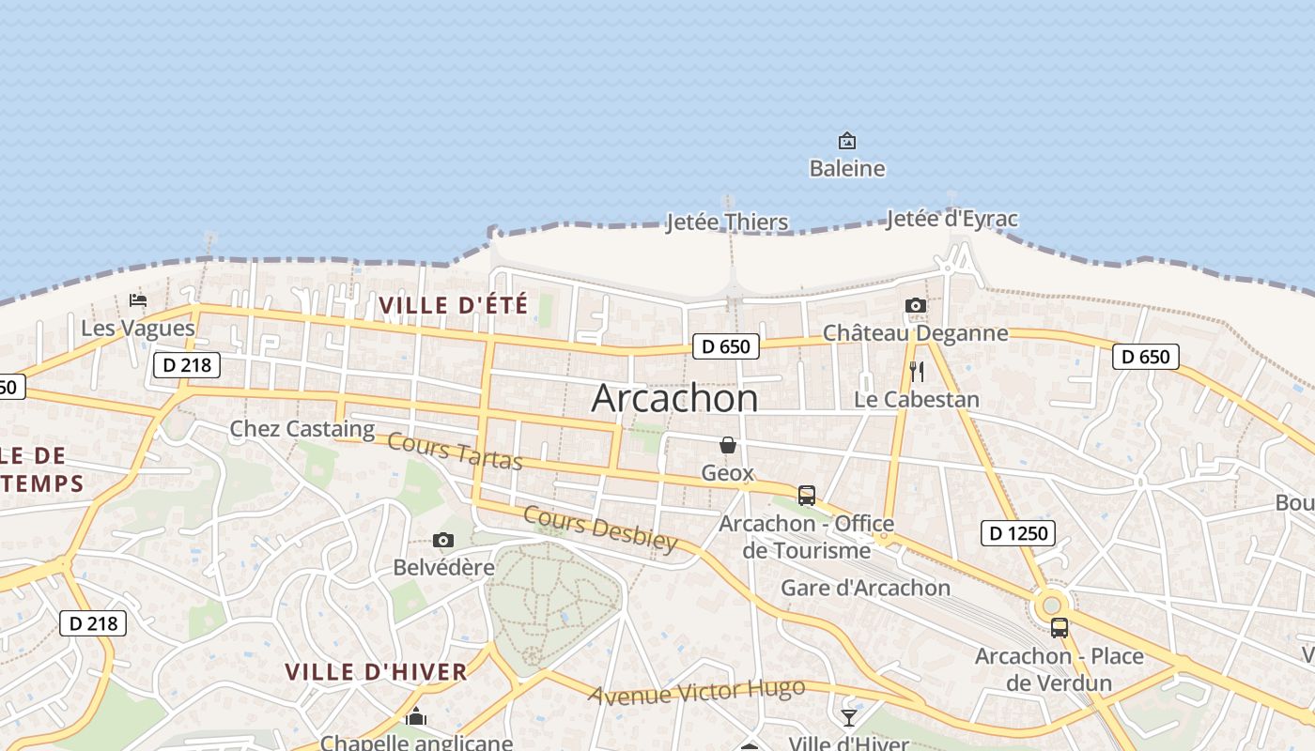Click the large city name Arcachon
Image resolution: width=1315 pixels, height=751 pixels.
point(674,399)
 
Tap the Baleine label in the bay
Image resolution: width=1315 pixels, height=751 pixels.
point(847,169)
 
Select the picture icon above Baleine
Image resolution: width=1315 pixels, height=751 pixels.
point(847,142)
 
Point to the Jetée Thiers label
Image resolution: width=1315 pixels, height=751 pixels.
point(727,222)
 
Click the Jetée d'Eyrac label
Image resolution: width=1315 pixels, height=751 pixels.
point(951,220)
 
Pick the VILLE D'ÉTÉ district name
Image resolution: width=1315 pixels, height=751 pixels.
point(453,305)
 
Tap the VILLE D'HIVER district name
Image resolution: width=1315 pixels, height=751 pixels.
point(376,672)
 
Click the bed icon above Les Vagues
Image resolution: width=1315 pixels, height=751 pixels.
point(138,300)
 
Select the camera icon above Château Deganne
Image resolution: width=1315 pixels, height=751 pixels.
point(916,305)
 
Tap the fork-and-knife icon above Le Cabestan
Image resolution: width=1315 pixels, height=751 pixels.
point(917,372)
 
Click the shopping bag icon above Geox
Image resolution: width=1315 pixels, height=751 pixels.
point(728,445)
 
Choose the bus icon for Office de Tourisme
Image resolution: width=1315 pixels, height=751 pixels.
point(806,496)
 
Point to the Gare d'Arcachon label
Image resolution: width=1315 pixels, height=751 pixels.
point(866,589)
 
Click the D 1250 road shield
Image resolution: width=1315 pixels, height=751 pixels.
point(1018,533)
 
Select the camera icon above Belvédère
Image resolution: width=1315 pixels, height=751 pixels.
point(443,540)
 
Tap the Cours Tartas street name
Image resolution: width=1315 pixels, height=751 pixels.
point(455,452)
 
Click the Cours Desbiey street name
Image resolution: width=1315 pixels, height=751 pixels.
point(600,529)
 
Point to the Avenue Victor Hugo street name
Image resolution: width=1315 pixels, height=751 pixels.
point(697,692)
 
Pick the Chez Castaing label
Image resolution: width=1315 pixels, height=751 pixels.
point(302,429)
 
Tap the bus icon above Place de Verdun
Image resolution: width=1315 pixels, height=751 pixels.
point(1060,628)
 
